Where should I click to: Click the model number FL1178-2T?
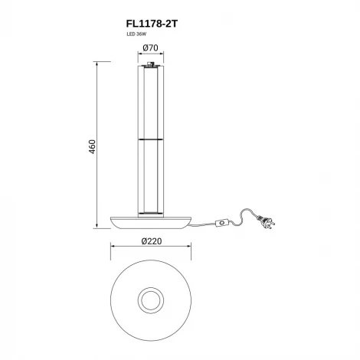150,24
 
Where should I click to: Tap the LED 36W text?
136,35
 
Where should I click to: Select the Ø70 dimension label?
150,48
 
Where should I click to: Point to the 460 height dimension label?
91,146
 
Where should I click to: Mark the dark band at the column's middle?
150,141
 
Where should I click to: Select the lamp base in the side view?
150,221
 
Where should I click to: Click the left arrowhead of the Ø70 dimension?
139,55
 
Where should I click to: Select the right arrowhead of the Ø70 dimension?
162,55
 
